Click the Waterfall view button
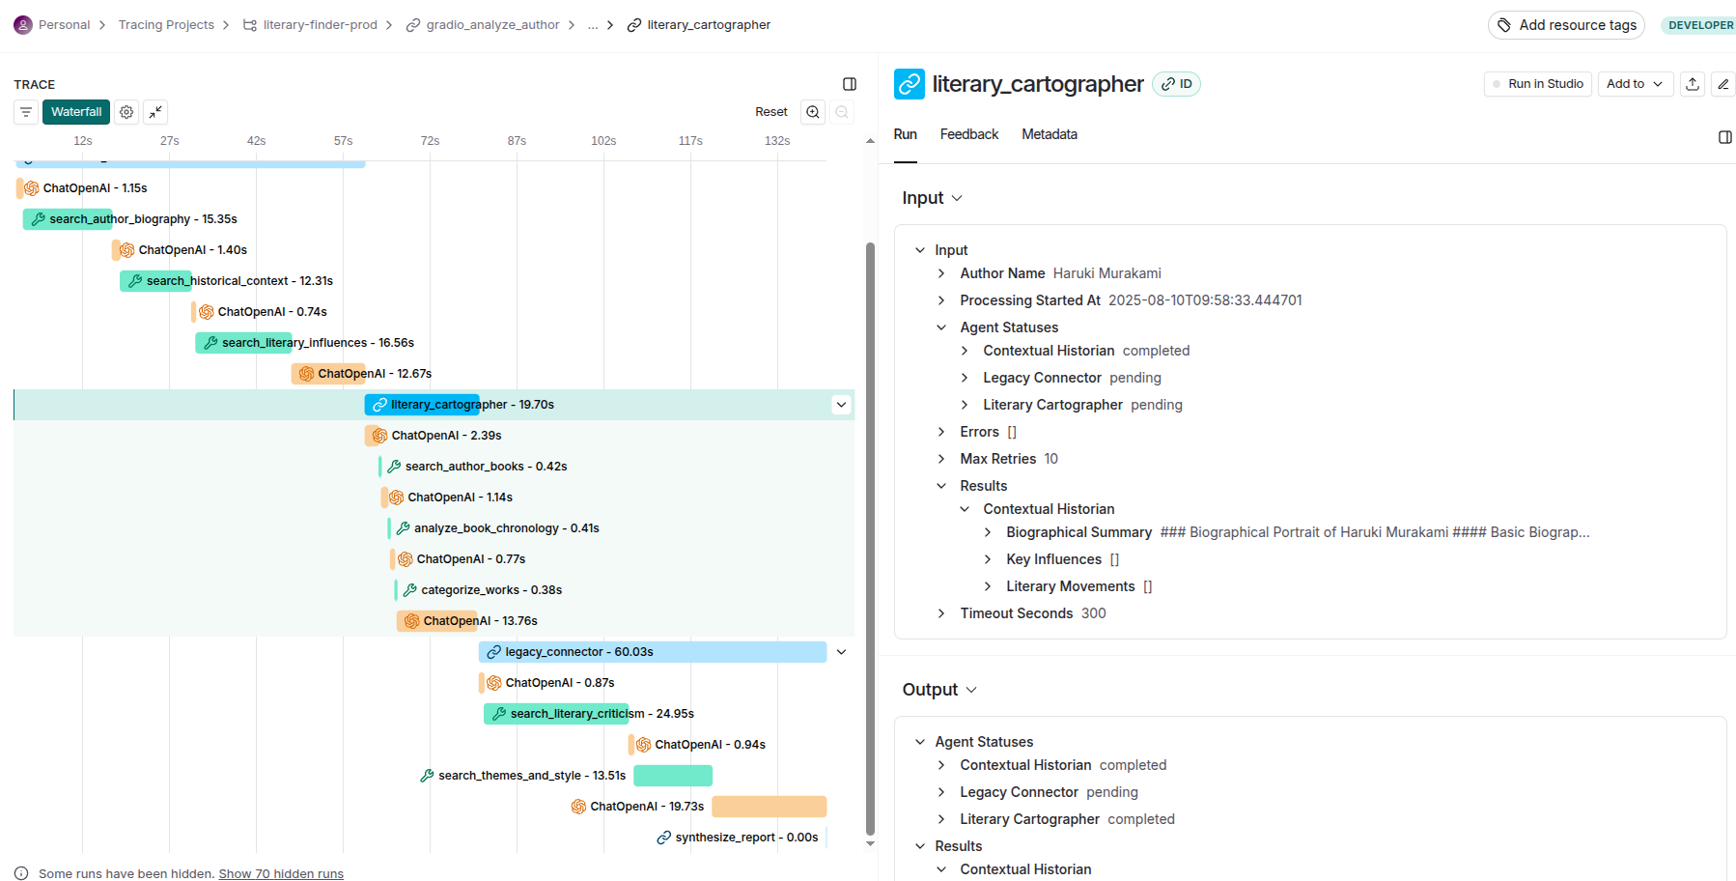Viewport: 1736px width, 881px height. pyautogui.click(x=76, y=112)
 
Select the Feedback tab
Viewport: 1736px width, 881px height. pyautogui.click(x=968, y=134)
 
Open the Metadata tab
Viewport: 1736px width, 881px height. pyautogui.click(x=1049, y=134)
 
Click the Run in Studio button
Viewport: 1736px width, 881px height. pyautogui.click(x=1537, y=84)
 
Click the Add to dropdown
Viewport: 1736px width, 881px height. pyautogui.click(x=1634, y=84)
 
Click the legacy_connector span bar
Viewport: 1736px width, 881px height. pyautogui.click(x=652, y=652)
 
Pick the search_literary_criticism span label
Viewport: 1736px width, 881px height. pyautogui.click(x=577, y=714)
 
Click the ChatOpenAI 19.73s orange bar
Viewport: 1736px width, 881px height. pyautogui.click(x=769, y=807)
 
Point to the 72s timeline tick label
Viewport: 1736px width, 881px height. pyautogui.click(x=430, y=141)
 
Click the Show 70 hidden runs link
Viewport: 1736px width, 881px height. pyautogui.click(x=281, y=873)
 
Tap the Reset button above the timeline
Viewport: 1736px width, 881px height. pyautogui.click(x=770, y=112)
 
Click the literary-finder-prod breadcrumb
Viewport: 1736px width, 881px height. pyautogui.click(x=320, y=25)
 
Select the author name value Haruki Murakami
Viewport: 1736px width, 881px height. pyautogui.click(x=1106, y=273)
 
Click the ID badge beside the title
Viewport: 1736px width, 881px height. pyautogui.click(x=1176, y=84)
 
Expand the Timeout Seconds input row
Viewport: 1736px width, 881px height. pyautogui.click(x=941, y=613)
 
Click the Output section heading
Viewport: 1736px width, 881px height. pyautogui.click(x=930, y=690)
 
